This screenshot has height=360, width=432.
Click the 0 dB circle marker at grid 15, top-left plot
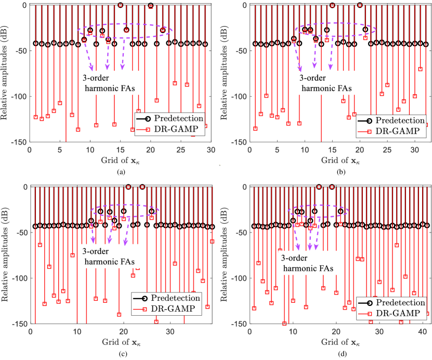pos(120,5)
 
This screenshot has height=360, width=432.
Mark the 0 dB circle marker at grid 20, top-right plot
pos(360,5)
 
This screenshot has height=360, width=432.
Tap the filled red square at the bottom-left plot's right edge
pos(213,241)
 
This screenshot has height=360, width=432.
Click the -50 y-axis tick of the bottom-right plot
pos(240,233)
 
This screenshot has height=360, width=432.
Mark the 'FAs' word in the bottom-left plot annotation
pos(126,262)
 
